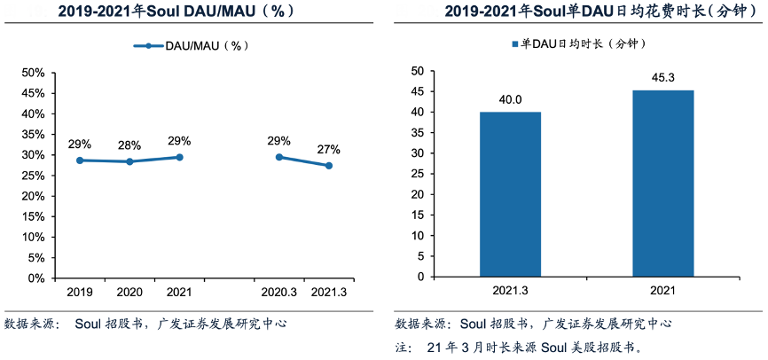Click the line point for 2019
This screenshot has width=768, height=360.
(x=80, y=160)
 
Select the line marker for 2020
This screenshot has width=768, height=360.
(x=129, y=161)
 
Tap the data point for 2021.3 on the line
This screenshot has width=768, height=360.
(x=329, y=166)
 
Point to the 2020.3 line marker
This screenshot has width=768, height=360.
(x=279, y=157)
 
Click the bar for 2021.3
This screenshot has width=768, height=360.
(x=510, y=194)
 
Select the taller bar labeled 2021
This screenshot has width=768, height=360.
(x=662, y=184)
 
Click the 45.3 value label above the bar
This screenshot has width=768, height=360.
(x=662, y=78)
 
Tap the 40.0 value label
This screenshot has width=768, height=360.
(x=510, y=99)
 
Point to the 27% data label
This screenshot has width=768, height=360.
(x=329, y=148)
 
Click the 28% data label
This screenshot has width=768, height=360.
(x=129, y=145)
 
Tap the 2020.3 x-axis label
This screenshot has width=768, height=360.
(x=279, y=291)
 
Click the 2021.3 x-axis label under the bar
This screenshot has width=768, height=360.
(x=510, y=291)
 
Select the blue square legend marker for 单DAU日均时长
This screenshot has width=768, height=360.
(x=513, y=43)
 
